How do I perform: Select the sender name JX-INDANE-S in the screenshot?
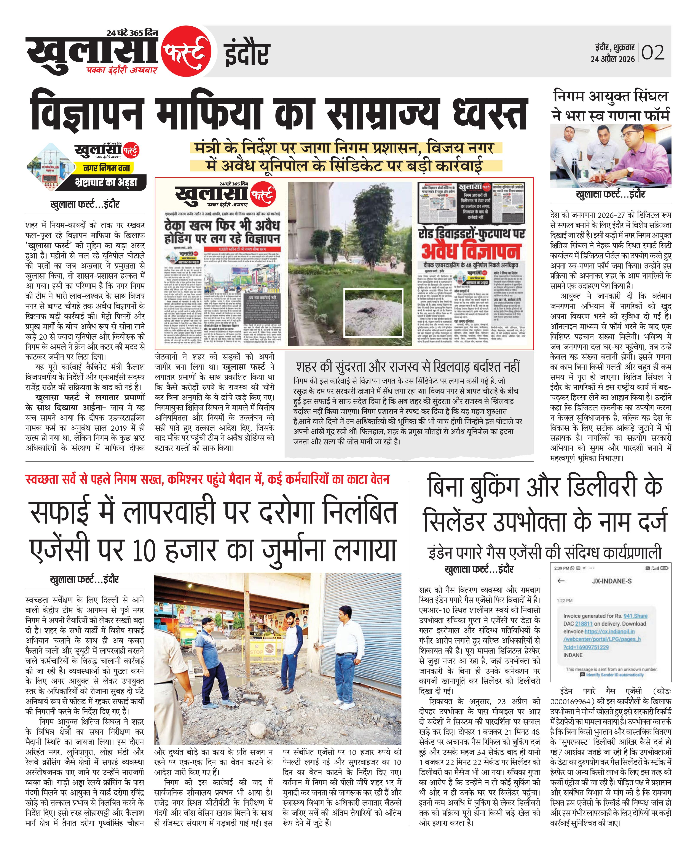pos(611,581)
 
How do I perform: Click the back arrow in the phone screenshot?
pos(561,581)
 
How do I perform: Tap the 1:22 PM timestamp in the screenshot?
pos(565,601)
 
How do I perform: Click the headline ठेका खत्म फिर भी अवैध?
pos(222,232)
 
